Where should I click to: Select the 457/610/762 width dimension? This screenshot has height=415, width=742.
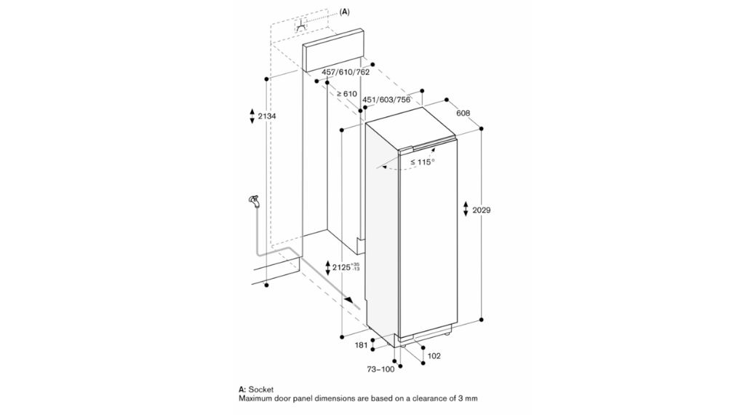pyautogui.click(x=346, y=72)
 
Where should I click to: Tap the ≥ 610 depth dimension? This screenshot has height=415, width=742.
pyautogui.click(x=346, y=94)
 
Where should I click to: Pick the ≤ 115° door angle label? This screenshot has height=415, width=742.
pyautogui.click(x=422, y=162)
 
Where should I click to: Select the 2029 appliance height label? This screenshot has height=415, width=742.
pyautogui.click(x=482, y=210)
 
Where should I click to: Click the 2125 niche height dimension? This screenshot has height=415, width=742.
pyautogui.click(x=344, y=267)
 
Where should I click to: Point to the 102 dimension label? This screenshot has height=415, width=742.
pyautogui.click(x=434, y=355)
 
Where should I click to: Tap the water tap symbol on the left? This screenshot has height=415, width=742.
pyautogui.click(x=252, y=199)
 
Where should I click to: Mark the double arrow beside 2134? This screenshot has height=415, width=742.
pyautogui.click(x=252, y=116)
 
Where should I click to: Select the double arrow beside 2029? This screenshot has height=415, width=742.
pyautogui.click(x=466, y=210)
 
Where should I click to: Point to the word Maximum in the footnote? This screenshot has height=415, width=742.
pyautogui.click(x=258, y=399)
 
